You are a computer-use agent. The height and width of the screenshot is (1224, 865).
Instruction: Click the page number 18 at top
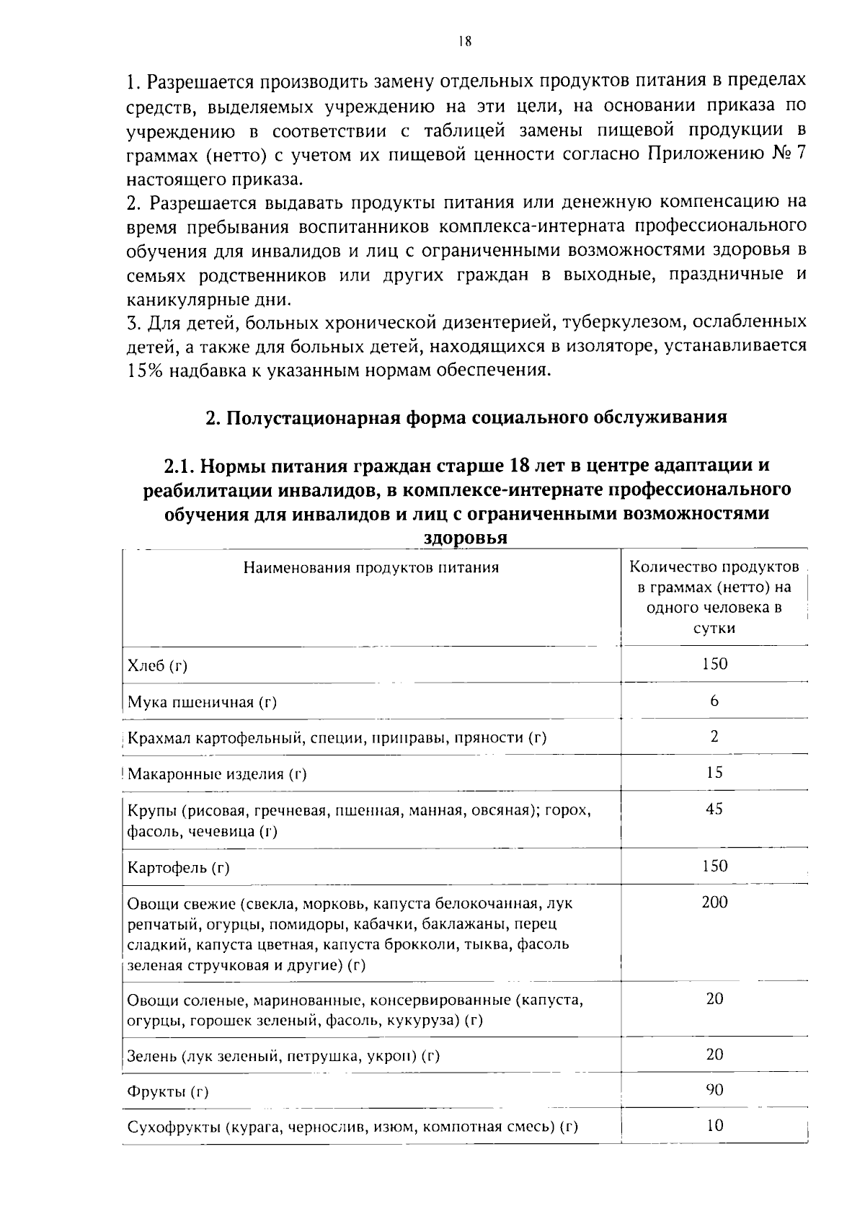coord(463,41)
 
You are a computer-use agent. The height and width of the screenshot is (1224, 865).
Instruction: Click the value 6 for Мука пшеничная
coord(714,701)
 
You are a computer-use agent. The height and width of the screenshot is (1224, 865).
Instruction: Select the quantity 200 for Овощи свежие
coord(714,902)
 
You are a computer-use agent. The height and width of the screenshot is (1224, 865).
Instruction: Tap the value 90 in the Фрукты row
coord(714,1089)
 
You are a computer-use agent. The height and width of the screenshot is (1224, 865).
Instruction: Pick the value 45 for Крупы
coord(714,809)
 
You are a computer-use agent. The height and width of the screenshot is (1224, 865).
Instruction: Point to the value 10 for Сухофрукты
coord(714,1125)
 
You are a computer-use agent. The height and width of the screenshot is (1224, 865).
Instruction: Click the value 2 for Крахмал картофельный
coord(714,737)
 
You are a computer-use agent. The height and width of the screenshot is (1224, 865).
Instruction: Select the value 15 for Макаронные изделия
coord(714,773)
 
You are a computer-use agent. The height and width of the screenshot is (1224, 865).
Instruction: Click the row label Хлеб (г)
coord(156,665)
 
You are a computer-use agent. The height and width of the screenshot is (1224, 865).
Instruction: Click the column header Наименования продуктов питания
coord(371,568)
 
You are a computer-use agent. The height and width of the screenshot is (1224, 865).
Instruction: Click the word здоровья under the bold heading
coord(464,538)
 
